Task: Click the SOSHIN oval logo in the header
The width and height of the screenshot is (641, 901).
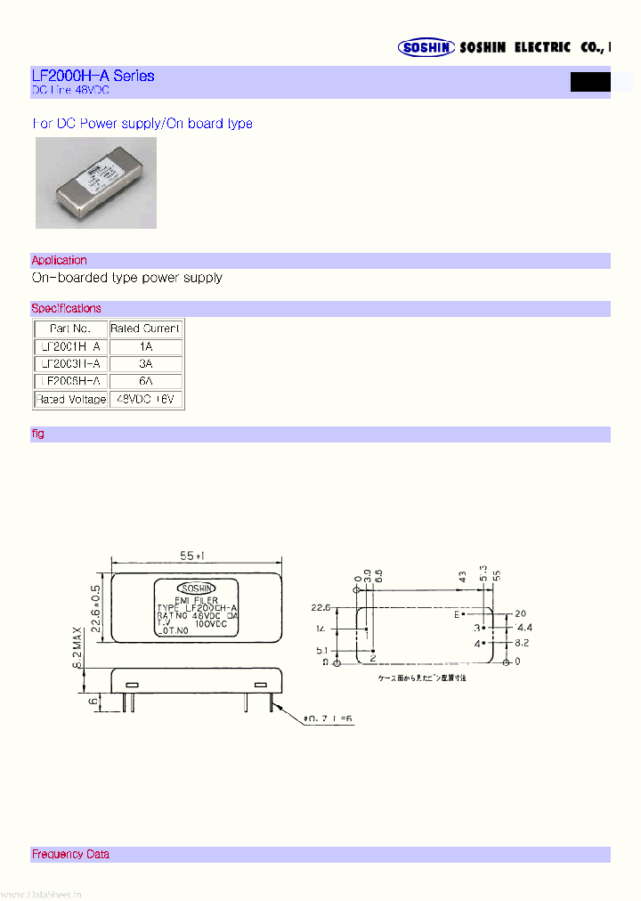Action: click(x=426, y=48)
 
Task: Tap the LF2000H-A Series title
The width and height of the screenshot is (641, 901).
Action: click(x=93, y=76)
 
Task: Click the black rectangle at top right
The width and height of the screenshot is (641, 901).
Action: click(x=590, y=82)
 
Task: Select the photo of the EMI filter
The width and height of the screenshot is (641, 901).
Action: click(x=96, y=183)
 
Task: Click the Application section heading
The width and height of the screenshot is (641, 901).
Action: click(x=60, y=260)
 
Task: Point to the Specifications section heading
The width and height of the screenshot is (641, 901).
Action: click(x=67, y=308)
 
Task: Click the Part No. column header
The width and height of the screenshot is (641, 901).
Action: click(x=71, y=329)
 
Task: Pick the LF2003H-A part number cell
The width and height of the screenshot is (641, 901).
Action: click(x=71, y=364)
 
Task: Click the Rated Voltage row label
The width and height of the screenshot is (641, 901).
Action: click(x=71, y=400)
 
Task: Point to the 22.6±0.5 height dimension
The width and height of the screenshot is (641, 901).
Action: click(x=96, y=607)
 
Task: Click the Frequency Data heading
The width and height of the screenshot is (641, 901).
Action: click(x=71, y=854)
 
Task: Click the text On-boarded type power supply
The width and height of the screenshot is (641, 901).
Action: click(x=127, y=278)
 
